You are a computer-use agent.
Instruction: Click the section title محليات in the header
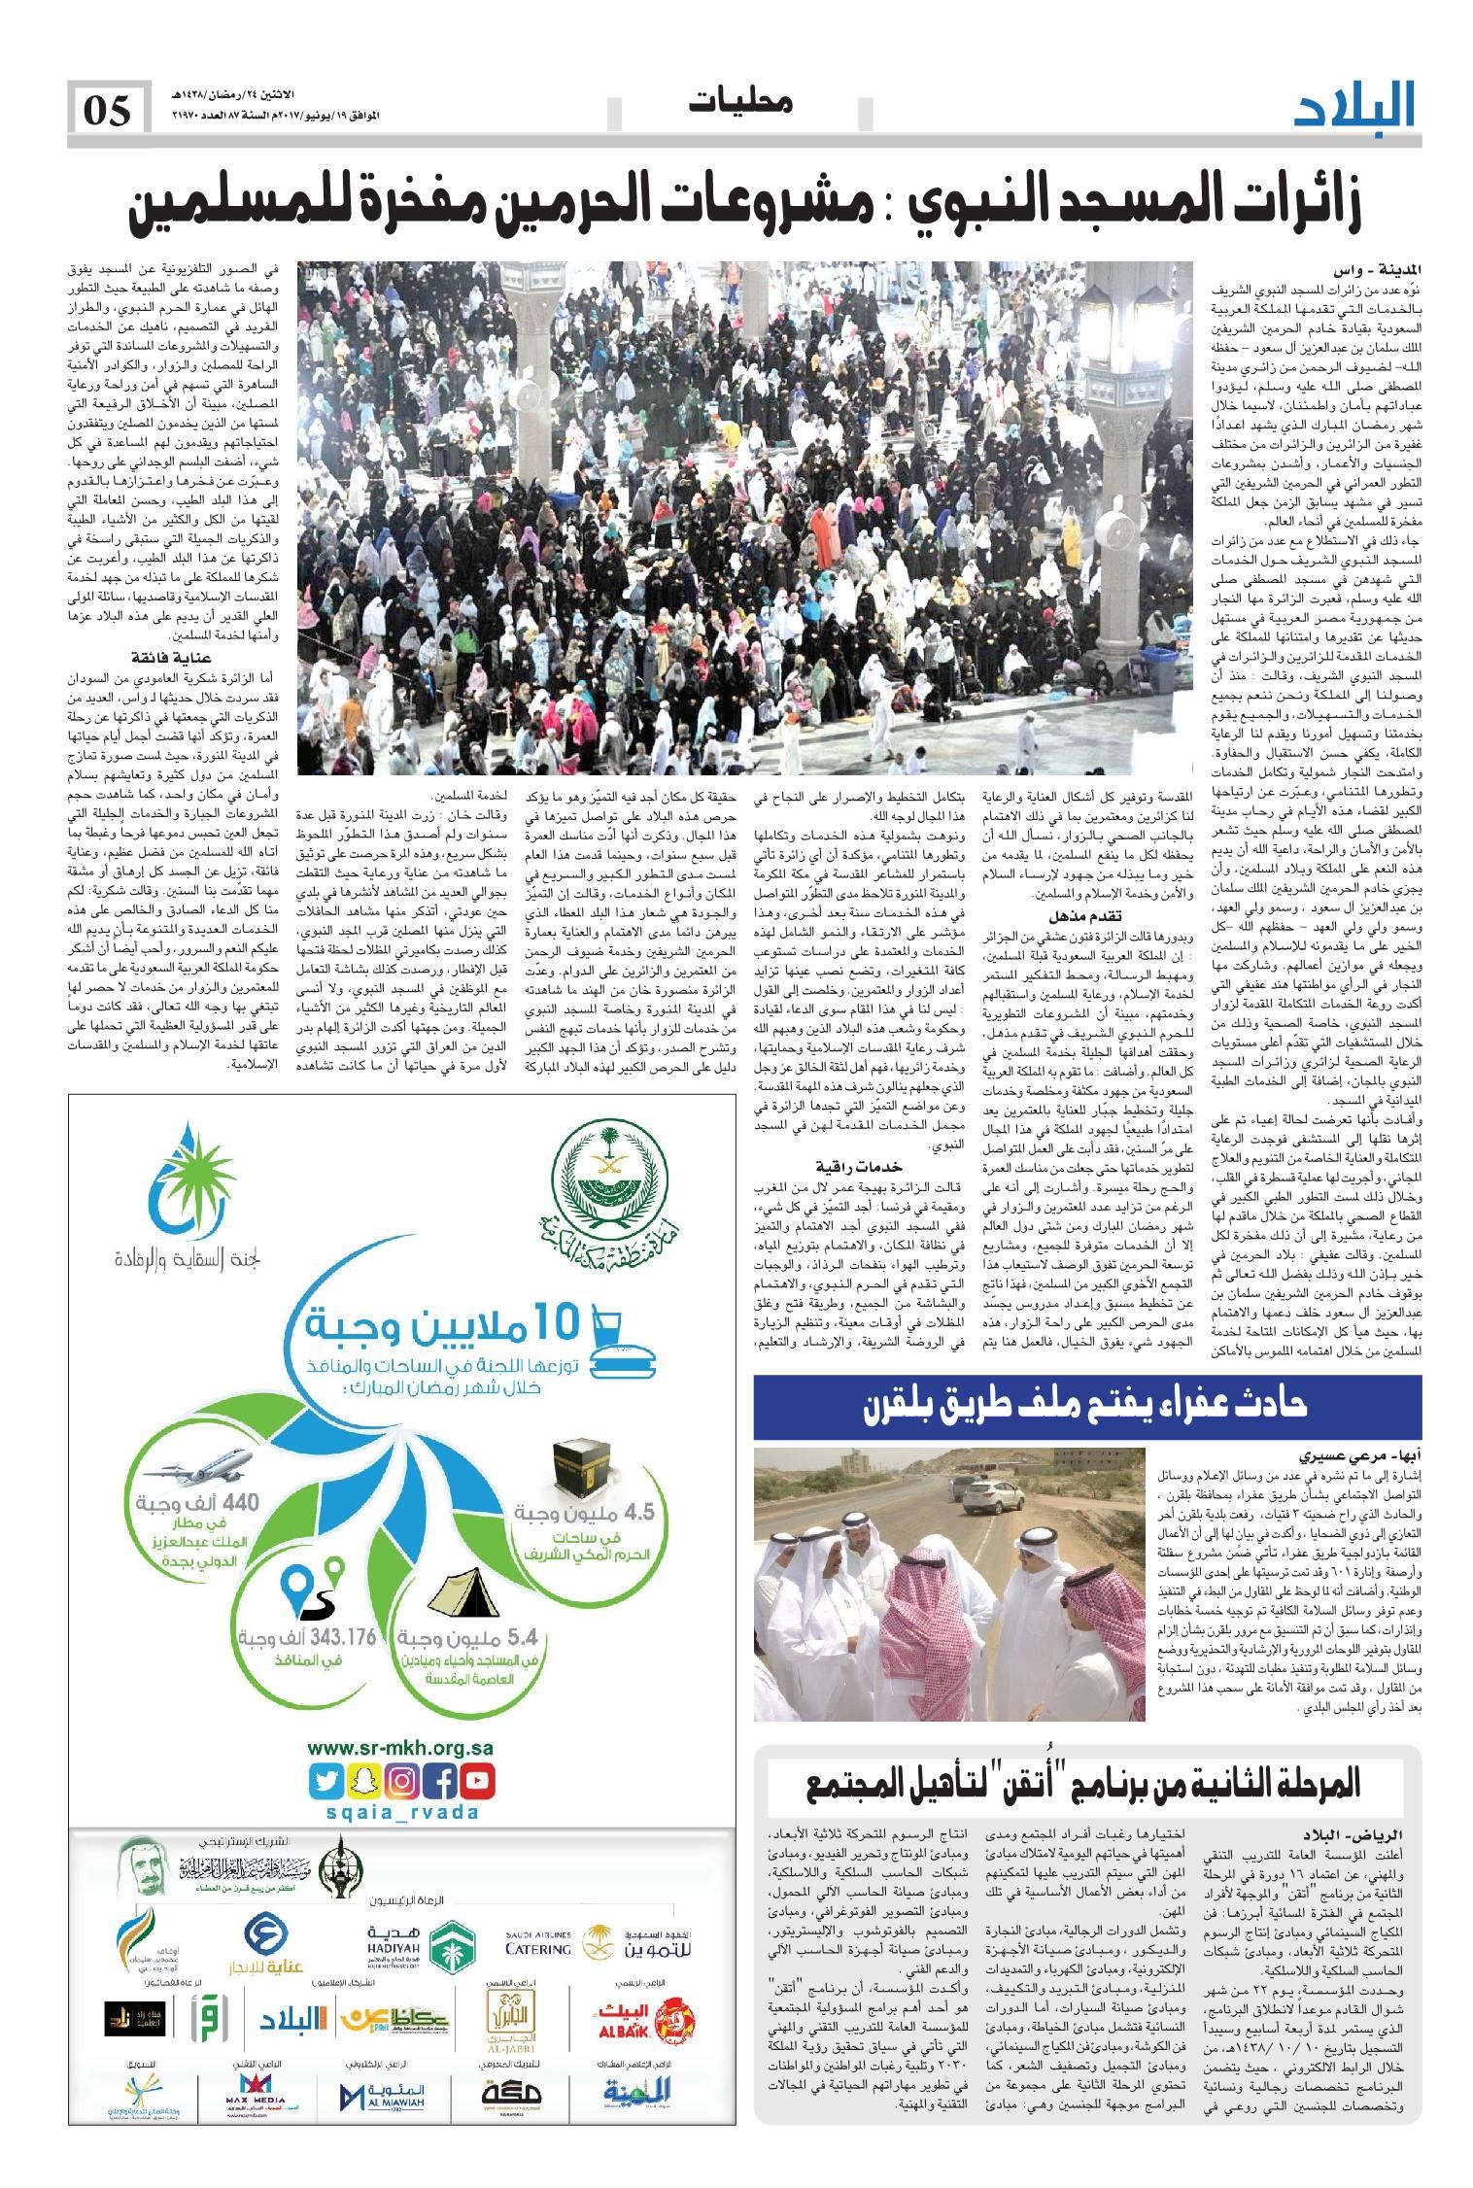[744, 101]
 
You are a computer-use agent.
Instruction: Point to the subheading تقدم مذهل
[1086, 916]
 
